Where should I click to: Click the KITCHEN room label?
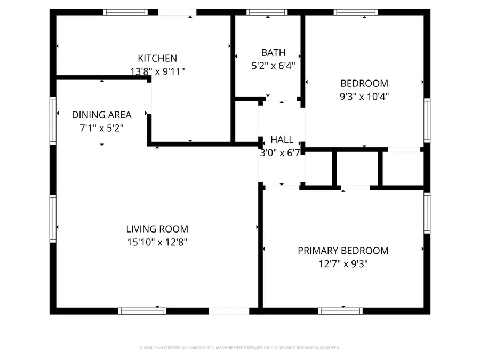click(x=157, y=58)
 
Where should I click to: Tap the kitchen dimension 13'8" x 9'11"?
click(x=157, y=71)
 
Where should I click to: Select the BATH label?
click(x=273, y=52)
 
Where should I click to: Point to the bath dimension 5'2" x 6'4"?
click(x=273, y=66)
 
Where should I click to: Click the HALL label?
click(x=282, y=140)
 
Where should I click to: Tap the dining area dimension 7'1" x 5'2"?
click(x=101, y=127)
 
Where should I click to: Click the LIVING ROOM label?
click(x=157, y=229)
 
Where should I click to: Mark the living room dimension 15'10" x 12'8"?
click(x=157, y=242)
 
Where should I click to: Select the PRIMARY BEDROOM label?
click(x=342, y=251)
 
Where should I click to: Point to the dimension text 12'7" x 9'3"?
click(x=342, y=263)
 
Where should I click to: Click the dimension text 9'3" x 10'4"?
click(x=364, y=97)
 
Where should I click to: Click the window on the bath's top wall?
click(x=267, y=12)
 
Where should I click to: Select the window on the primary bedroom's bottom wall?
click(x=340, y=311)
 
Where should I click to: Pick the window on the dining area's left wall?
click(x=53, y=120)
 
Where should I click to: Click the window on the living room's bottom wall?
click(x=142, y=311)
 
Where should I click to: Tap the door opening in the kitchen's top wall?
click(x=177, y=12)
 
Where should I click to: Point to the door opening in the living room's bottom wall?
click(x=228, y=311)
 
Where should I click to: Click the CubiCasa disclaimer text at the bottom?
click(x=239, y=348)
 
